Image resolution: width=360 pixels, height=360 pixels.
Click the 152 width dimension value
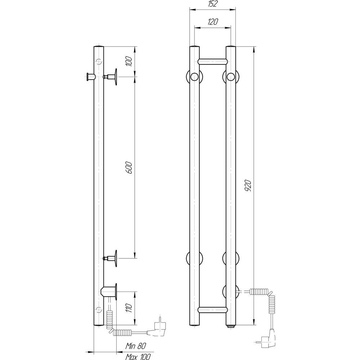click(x=213, y=4)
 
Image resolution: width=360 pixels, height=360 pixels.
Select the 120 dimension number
click(x=213, y=22)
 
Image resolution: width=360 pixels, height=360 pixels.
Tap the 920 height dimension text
click(x=248, y=185)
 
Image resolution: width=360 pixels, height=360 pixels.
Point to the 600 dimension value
click(x=130, y=167)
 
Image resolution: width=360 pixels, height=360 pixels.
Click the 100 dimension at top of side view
click(x=130, y=61)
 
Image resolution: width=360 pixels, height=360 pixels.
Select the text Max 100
click(x=138, y=356)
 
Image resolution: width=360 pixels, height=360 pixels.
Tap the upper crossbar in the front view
click(x=213, y=61)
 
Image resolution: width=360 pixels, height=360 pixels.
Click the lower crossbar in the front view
click(x=213, y=310)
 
